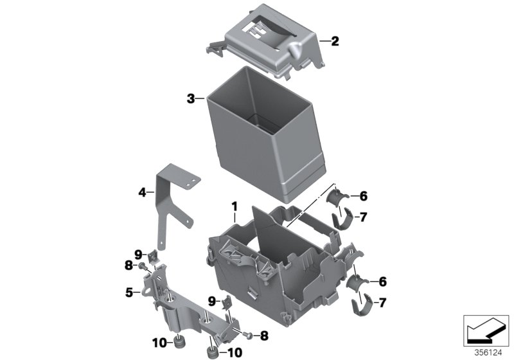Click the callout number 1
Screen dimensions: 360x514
pyautogui.click(x=235, y=206)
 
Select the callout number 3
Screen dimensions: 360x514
pyautogui.click(x=191, y=98)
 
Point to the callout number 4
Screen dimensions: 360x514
pyautogui.click(x=141, y=191)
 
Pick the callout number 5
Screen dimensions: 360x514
pyautogui.click(x=129, y=292)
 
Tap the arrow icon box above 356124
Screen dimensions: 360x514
pyautogui.click(x=486, y=330)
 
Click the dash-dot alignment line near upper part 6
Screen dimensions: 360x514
pyautogui.click(x=308, y=209)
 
